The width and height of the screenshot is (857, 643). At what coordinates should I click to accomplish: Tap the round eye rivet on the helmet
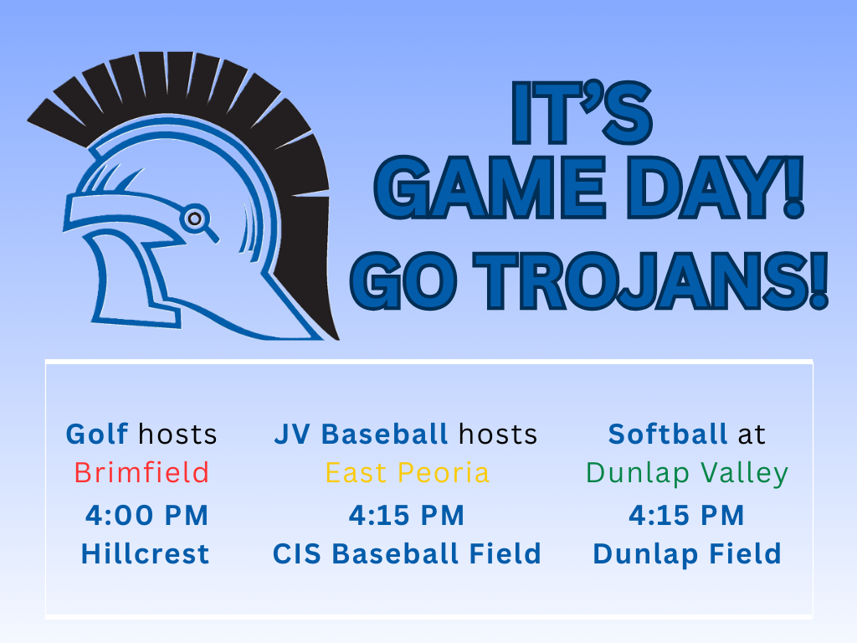[194, 218]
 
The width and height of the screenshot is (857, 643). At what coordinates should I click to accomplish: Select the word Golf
[97, 434]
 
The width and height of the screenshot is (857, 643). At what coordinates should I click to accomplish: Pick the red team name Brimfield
[141, 473]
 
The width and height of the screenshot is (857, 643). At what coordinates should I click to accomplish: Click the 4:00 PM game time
[146, 516]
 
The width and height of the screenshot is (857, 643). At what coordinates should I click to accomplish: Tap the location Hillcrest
[145, 554]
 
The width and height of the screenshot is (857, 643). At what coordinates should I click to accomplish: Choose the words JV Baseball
[361, 434]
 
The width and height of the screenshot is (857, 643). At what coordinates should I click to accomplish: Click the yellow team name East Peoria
[407, 473]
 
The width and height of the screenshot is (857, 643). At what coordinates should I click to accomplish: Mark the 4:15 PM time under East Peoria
[407, 516]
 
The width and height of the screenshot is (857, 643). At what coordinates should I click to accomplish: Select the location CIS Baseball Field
[407, 554]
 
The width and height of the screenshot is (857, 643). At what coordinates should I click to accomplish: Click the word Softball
[667, 434]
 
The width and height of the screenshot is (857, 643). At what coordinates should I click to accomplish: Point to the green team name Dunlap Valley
[687, 473]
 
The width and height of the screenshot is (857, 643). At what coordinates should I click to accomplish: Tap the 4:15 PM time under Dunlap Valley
[686, 516]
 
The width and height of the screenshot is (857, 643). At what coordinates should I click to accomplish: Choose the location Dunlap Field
[686, 554]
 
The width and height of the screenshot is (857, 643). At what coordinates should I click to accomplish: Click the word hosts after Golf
[177, 434]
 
